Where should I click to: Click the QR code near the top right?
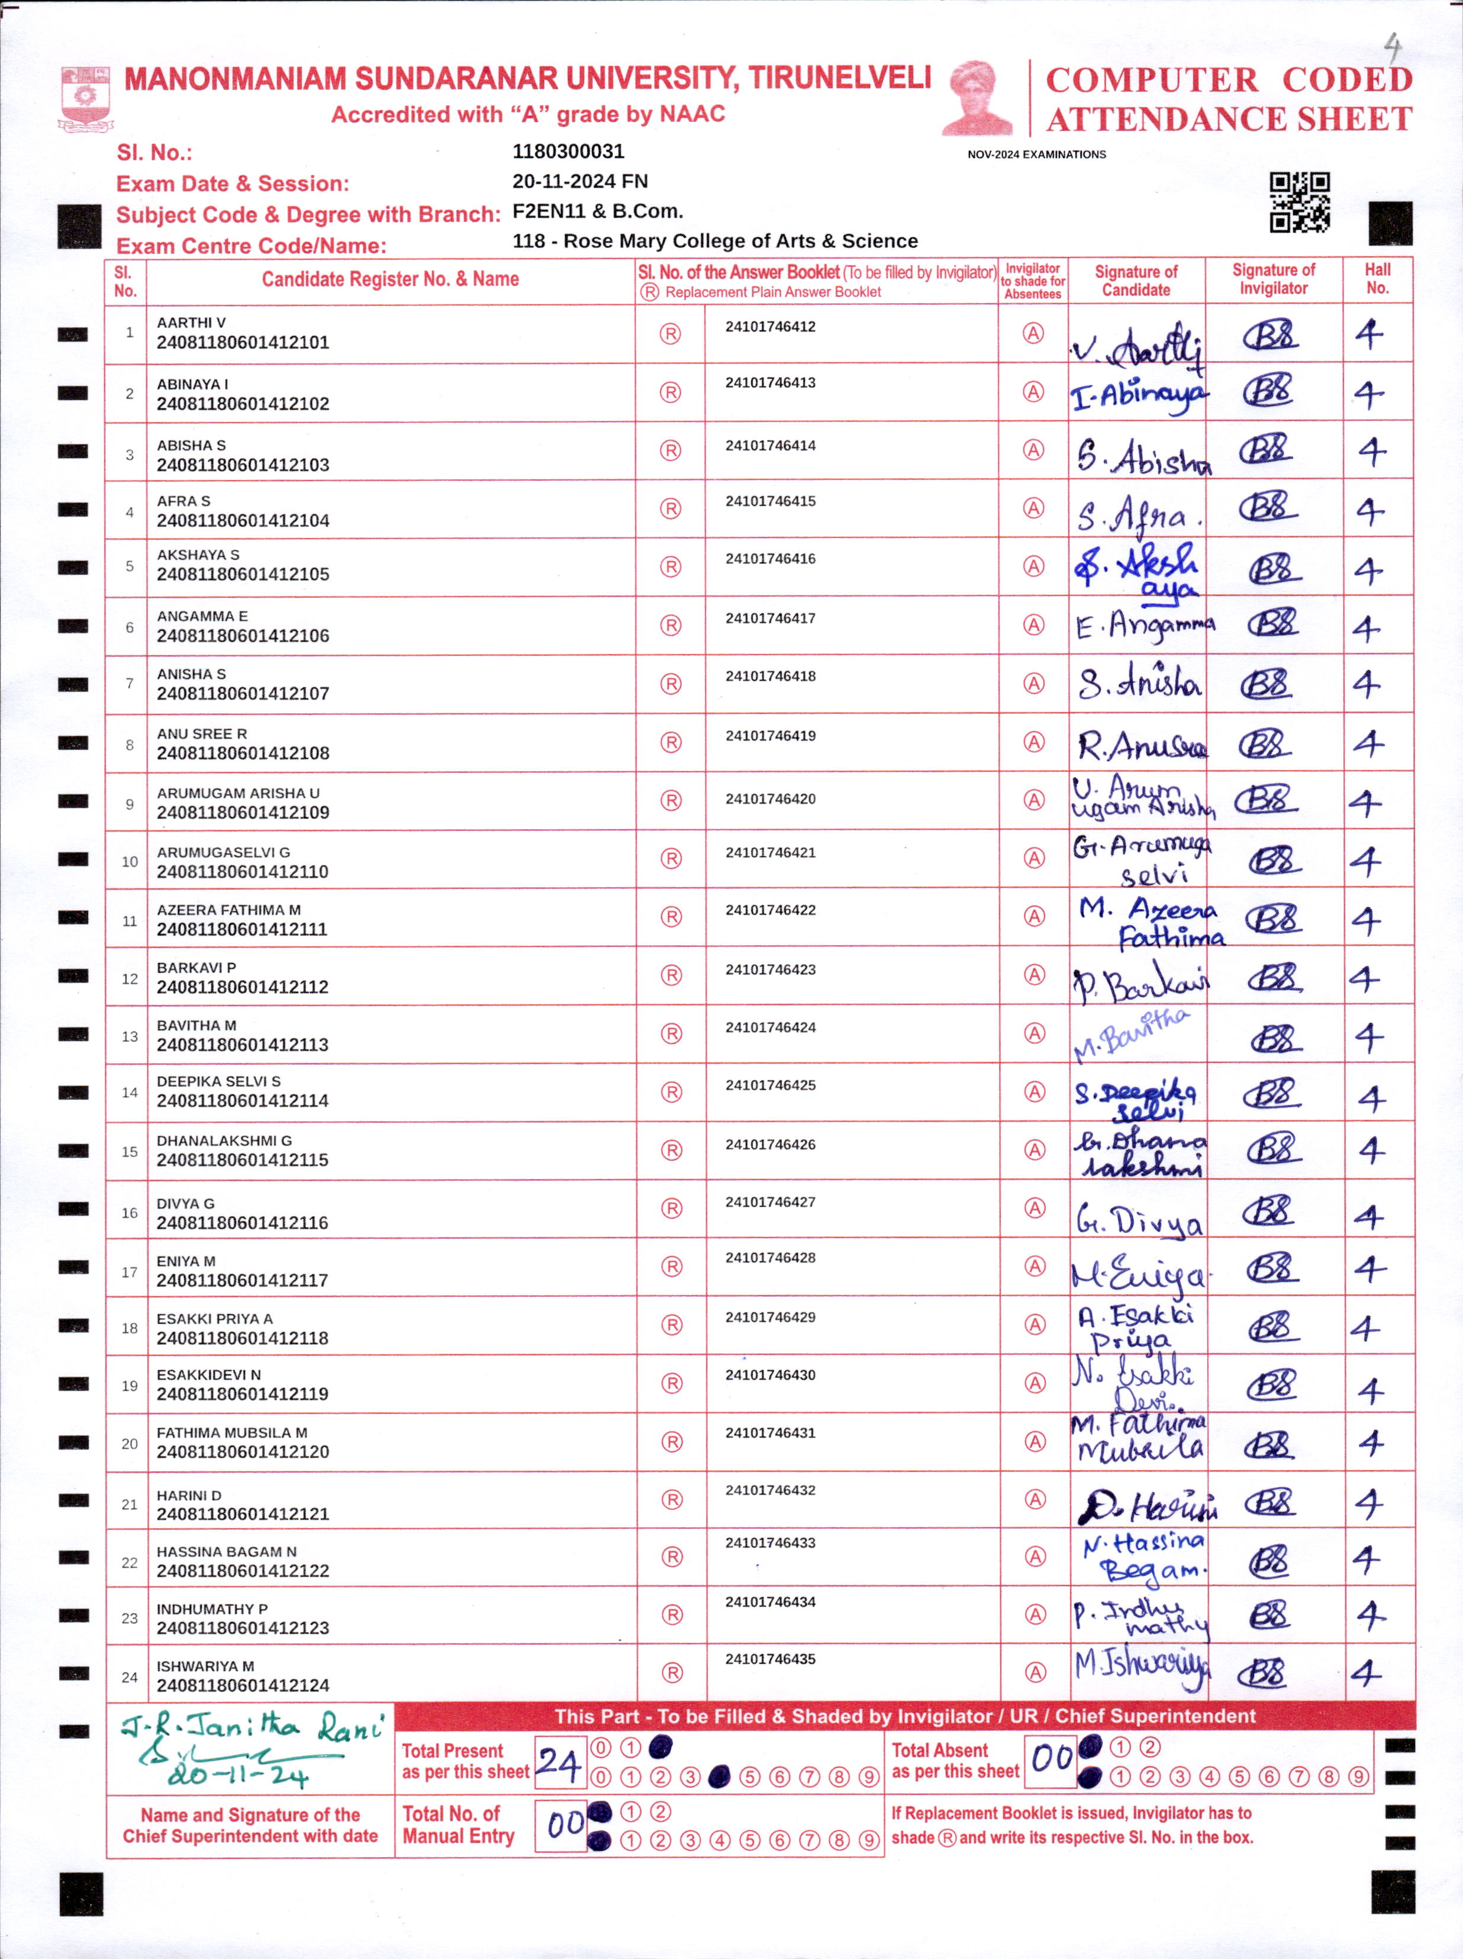[x=1299, y=202]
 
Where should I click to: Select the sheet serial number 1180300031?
[x=569, y=152]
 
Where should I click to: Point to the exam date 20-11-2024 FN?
[x=580, y=182]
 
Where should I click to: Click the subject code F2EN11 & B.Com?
[x=598, y=212]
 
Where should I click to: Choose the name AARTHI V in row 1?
[x=191, y=323]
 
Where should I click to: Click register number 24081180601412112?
[x=243, y=987]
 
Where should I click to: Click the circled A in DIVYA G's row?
[x=1035, y=1208]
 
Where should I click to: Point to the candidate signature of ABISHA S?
[x=1142, y=456]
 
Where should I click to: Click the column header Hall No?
[x=1377, y=279]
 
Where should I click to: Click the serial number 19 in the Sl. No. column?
[x=129, y=1386]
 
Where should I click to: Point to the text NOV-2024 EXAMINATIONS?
[x=1036, y=154]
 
